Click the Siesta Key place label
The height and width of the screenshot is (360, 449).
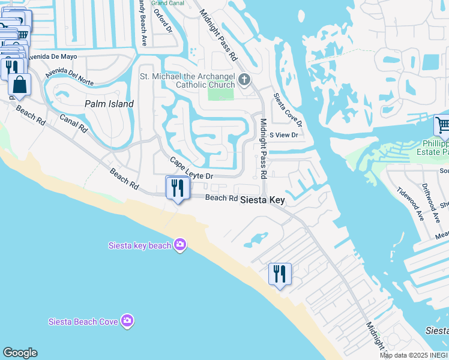[x=262, y=200]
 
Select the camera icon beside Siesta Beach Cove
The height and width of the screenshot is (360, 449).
[x=127, y=321]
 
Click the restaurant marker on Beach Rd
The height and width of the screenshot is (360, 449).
[x=178, y=188]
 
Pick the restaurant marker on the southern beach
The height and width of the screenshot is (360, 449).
[x=279, y=274]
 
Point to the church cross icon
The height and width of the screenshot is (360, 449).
[x=244, y=79]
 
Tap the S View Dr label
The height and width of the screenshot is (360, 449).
[x=284, y=135]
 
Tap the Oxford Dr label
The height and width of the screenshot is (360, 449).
[x=162, y=20]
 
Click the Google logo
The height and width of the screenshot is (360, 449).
[x=20, y=353]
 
